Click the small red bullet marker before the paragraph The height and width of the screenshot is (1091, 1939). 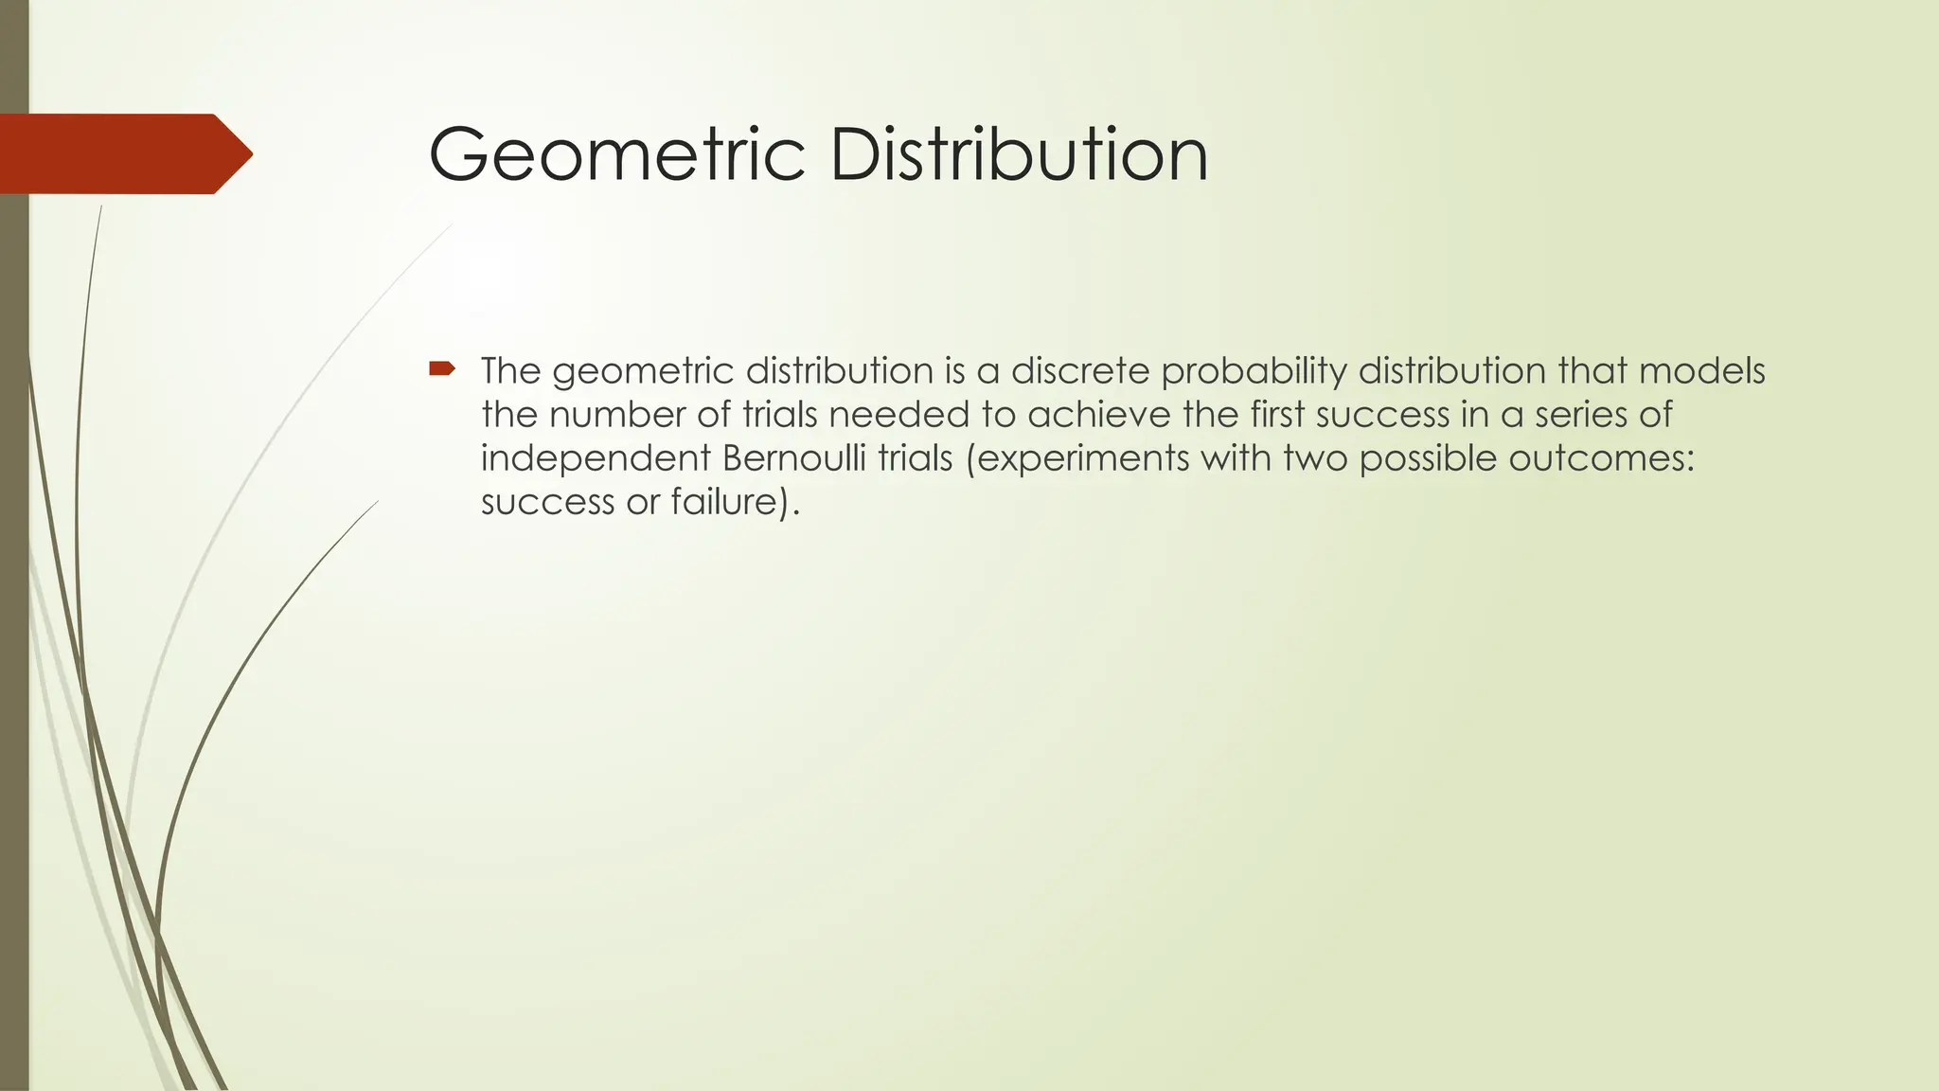(441, 367)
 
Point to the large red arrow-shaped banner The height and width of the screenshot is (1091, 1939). (123, 153)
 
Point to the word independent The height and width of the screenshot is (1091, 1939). (596, 459)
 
